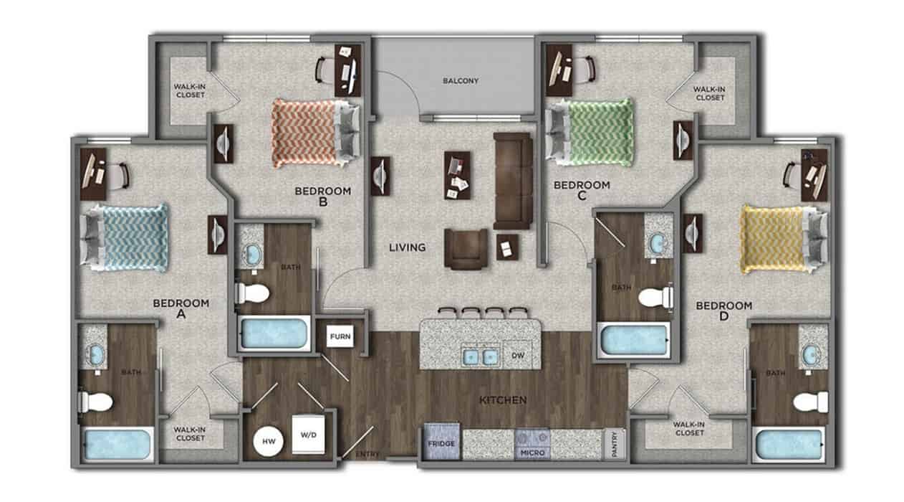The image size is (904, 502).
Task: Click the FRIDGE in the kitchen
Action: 442,444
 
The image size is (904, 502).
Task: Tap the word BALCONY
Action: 460,80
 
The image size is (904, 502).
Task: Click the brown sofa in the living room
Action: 513,180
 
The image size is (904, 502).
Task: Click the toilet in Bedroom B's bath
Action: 252,293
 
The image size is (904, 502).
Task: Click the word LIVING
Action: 408,247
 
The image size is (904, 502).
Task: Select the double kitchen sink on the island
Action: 480,355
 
